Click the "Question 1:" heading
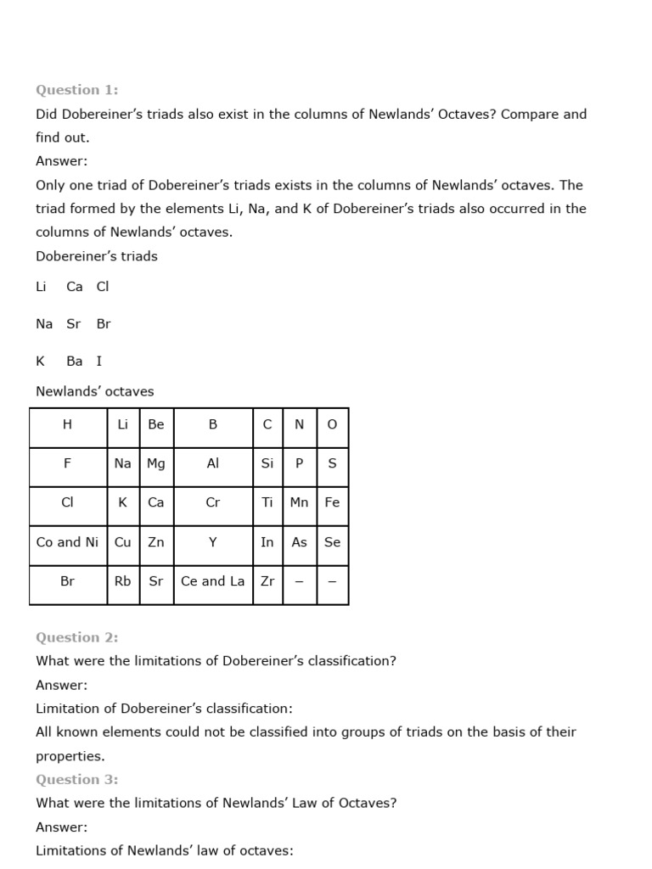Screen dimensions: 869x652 coord(77,89)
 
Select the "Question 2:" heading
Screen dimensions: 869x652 coord(77,637)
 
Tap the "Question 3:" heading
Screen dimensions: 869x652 coord(77,779)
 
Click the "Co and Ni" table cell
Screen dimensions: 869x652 coord(68,541)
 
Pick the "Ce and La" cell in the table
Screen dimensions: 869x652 coord(213,581)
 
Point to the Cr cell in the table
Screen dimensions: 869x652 coord(213,502)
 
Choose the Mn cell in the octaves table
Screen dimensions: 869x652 coord(299,502)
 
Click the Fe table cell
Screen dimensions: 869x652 coord(332,502)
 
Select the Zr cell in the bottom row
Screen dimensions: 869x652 coord(267,581)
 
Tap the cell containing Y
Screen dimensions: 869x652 coord(213,541)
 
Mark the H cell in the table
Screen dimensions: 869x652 coord(68,424)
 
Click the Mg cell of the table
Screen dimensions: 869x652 coord(156,463)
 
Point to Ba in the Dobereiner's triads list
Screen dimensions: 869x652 coord(75,361)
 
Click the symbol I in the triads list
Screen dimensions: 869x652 coord(99,361)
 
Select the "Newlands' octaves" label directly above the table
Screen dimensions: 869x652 coord(95,391)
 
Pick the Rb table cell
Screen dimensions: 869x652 coord(123,581)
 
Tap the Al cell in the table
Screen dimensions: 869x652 coord(213,463)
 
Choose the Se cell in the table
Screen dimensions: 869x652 coord(332,541)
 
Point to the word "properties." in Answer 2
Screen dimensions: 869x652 coord(70,755)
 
